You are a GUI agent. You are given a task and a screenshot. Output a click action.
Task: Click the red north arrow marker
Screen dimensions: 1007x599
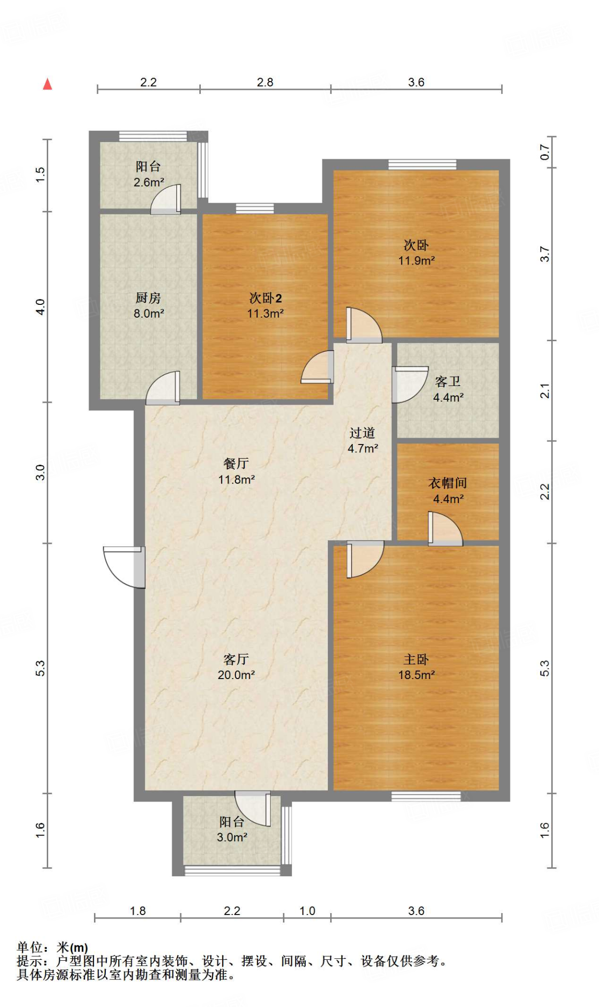(47, 84)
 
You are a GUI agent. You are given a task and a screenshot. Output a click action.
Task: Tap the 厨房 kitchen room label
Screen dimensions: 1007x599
(148, 298)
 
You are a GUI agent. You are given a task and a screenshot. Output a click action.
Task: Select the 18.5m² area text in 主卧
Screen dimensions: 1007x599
(416, 675)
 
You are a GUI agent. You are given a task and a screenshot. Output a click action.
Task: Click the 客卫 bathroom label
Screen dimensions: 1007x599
(448, 382)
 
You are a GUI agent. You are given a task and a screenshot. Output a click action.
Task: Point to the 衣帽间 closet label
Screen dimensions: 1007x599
(447, 483)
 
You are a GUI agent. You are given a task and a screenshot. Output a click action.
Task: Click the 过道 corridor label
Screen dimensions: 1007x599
(363, 433)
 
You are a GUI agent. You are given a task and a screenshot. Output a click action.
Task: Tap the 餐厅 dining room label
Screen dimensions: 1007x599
(236, 463)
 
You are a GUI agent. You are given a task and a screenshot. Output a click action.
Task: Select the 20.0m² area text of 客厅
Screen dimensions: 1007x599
(236, 675)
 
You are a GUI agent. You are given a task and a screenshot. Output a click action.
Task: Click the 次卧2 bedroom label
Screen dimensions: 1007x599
(265, 298)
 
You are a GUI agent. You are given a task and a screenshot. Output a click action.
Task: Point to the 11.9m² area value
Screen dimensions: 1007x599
(416, 261)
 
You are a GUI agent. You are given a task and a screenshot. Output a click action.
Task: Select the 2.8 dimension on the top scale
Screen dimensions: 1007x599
(265, 82)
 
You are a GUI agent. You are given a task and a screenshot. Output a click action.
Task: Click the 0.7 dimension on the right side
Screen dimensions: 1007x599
(544, 152)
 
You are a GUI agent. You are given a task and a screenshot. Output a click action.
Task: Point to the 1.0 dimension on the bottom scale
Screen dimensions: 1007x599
(307, 911)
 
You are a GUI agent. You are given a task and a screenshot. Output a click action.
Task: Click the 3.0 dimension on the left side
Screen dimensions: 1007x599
(40, 473)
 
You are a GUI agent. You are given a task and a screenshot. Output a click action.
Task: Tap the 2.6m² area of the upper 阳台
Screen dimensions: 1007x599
(149, 182)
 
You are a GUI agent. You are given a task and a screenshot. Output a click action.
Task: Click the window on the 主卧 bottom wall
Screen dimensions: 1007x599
(426, 796)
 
